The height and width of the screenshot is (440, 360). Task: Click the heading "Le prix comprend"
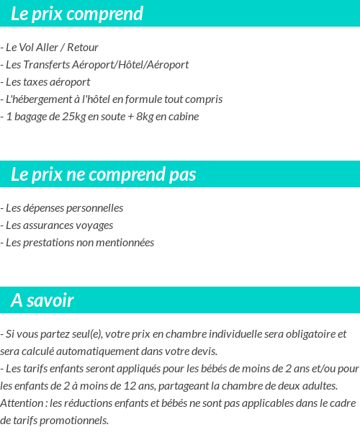[77, 14]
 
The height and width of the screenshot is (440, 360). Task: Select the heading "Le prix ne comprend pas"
[103, 174]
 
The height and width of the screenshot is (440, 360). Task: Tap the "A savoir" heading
[42, 300]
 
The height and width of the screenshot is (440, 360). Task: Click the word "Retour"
[83, 48]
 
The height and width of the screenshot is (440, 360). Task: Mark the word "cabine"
[184, 117]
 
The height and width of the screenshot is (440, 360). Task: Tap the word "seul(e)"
[85, 334]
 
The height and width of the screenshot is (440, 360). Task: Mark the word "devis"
[202, 351]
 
